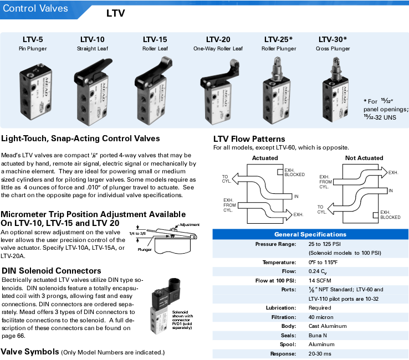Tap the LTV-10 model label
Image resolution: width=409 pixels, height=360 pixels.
[x=92, y=39]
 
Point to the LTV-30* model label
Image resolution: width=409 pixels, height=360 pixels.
[x=333, y=39]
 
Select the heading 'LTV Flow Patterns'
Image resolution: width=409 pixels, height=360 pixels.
[x=249, y=139]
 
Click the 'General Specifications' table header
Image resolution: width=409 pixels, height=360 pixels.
[x=310, y=234]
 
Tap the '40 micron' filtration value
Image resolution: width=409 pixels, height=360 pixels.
[x=321, y=317]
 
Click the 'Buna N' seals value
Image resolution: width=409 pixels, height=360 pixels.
[x=318, y=335]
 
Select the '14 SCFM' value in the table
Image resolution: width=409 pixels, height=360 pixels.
[x=320, y=280]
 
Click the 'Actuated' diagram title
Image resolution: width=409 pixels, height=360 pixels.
[x=265, y=158]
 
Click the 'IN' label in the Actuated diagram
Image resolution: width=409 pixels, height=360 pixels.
[x=296, y=196]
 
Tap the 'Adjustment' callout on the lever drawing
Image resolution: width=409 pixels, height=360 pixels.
[x=190, y=225]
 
